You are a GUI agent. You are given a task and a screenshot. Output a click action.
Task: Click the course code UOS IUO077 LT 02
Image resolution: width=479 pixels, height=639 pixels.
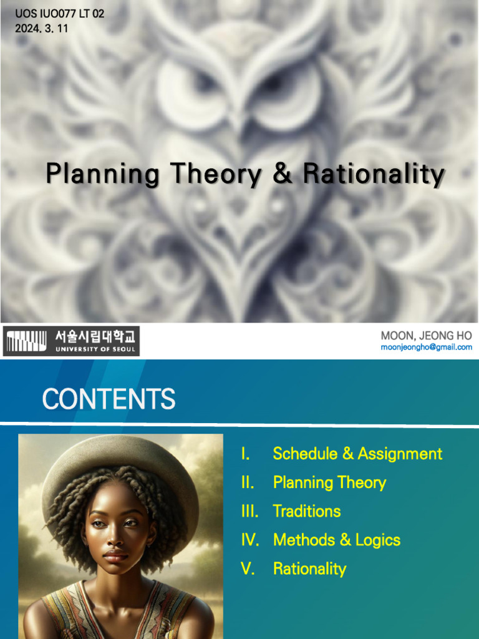click(x=60, y=14)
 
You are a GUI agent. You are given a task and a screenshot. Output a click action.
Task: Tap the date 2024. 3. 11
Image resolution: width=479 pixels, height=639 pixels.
click(x=42, y=28)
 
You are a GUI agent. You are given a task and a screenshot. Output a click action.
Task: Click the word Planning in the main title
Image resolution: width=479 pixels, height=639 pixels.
click(x=102, y=174)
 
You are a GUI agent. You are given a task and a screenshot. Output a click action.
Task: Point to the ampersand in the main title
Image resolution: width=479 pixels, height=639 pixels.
click(x=282, y=174)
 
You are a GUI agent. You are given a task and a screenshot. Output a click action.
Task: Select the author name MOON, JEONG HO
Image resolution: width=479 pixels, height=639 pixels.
click(x=426, y=336)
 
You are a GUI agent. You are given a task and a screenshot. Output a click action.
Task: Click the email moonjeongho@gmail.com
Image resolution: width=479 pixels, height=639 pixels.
click(x=426, y=347)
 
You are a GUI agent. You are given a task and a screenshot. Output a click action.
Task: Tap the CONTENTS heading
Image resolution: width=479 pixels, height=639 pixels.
click(x=109, y=399)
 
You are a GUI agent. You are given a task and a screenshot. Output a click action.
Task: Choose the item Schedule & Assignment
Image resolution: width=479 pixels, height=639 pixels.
click(x=357, y=454)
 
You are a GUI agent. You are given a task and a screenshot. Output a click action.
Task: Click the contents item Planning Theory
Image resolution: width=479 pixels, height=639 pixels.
click(x=329, y=482)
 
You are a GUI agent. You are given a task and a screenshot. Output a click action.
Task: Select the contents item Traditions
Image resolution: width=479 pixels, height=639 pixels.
click(x=307, y=511)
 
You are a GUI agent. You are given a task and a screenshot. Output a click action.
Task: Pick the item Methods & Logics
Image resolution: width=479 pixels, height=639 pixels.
click(x=337, y=540)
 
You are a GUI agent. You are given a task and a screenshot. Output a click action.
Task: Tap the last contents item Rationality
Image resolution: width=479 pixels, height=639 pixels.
click(x=309, y=568)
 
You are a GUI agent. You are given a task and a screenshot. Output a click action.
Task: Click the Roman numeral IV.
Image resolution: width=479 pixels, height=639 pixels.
click(x=249, y=540)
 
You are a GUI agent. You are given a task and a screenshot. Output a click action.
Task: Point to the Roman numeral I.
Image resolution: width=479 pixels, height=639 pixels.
click(x=245, y=454)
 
